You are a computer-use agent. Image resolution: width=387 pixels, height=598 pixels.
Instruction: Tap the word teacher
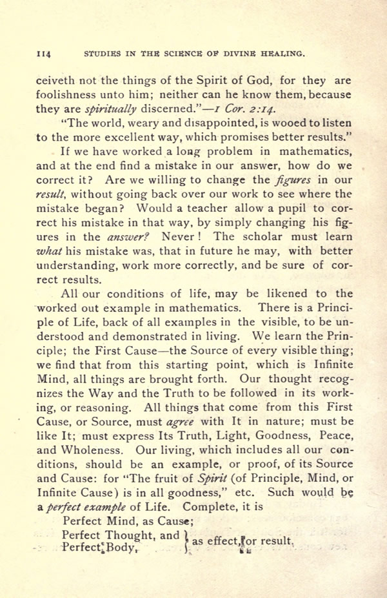[226, 208]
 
